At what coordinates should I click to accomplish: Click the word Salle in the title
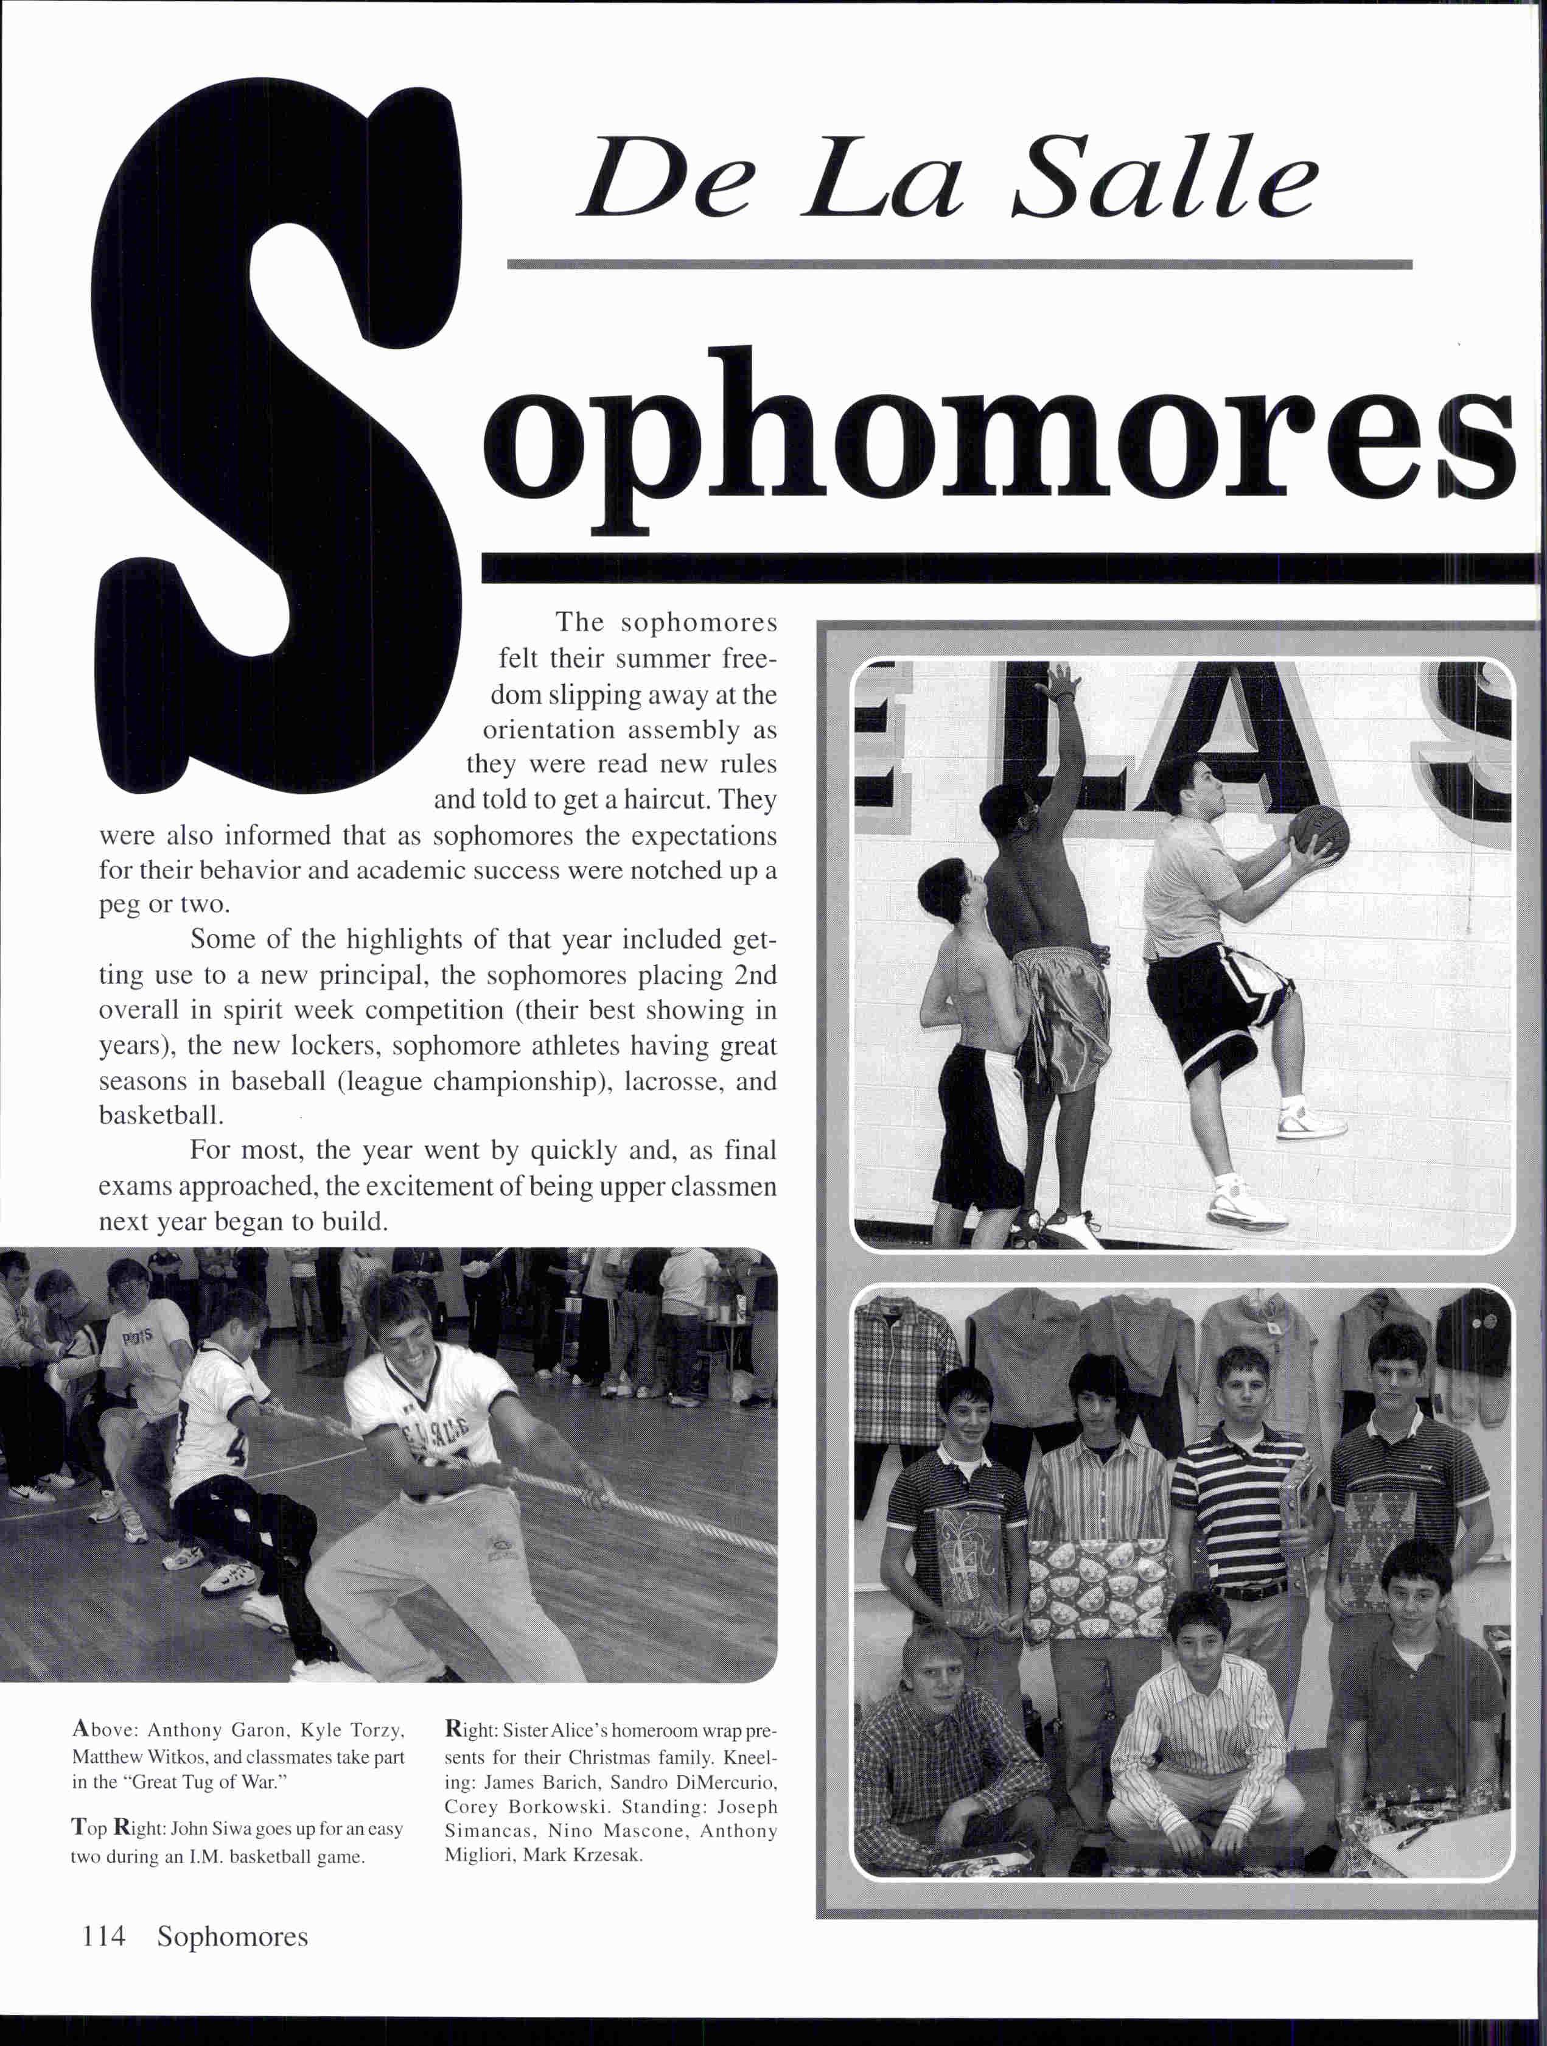click(x=1164, y=178)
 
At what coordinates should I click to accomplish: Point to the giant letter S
click(x=278, y=444)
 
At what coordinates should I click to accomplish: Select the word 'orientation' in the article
click(x=548, y=730)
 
